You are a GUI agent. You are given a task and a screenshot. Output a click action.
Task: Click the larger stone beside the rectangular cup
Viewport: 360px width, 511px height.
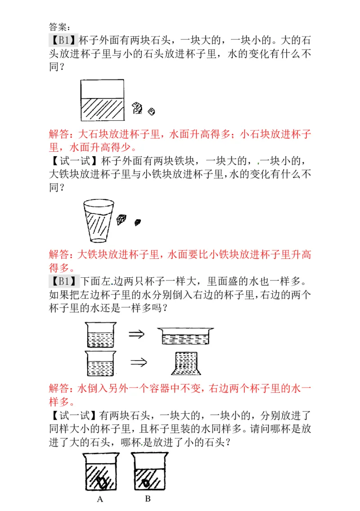coord(138,107)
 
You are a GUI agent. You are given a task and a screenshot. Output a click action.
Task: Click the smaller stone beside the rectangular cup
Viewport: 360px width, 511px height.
coord(152,110)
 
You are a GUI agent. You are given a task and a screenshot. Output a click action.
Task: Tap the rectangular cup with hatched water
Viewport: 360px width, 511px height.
coord(103,100)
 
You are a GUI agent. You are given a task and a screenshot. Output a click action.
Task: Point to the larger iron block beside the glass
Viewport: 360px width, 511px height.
coord(121,219)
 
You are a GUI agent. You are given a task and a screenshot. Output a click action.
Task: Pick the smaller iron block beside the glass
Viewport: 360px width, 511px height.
coord(138,222)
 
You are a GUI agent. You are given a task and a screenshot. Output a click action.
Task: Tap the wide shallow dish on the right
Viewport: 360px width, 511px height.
coord(185,336)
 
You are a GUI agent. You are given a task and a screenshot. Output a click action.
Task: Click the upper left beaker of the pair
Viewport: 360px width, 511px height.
coord(101,334)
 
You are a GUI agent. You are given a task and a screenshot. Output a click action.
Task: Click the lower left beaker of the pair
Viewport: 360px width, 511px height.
coord(101,363)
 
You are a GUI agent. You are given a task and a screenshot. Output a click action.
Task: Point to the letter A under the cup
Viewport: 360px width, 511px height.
coord(100,499)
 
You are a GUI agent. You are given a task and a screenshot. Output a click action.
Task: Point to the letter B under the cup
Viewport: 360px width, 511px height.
coord(148,498)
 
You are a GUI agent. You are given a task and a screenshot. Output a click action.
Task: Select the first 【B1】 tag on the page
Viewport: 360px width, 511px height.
coord(63,40)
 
